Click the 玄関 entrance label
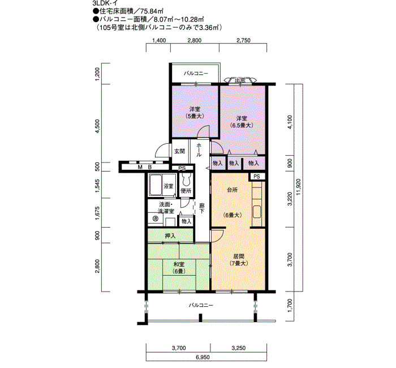179,151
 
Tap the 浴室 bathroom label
169,186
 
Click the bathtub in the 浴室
155,185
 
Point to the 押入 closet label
170,236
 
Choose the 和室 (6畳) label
179,268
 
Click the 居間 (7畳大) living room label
239,260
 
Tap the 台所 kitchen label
233,190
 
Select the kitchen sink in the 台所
257,212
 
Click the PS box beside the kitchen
257,177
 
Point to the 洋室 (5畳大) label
195,113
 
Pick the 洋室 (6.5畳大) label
242,122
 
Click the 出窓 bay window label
240,80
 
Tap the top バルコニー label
196,74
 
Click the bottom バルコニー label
201,305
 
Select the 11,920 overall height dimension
299,187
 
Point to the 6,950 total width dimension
203,357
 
